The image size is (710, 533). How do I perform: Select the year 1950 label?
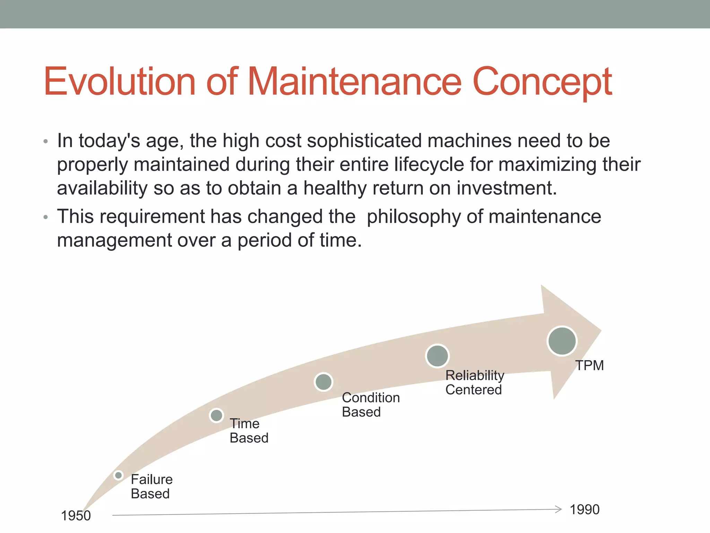click(76, 516)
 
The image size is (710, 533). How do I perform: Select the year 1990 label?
click(585, 509)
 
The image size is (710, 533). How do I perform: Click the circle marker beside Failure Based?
click(118, 475)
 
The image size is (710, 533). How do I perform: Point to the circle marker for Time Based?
click(216, 415)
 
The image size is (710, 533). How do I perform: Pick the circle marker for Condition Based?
click(323, 382)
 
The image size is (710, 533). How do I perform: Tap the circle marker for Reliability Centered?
click(437, 356)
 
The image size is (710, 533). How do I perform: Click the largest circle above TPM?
click(562, 341)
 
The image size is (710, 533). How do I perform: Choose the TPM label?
click(589, 365)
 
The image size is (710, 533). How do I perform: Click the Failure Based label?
click(151, 487)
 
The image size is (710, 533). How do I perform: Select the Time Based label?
click(249, 431)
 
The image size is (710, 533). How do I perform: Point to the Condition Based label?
click(370, 405)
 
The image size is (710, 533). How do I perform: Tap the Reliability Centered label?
click(474, 382)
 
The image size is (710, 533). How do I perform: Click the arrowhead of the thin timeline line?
click(559, 509)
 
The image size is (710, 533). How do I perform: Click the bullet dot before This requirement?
click(45, 217)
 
